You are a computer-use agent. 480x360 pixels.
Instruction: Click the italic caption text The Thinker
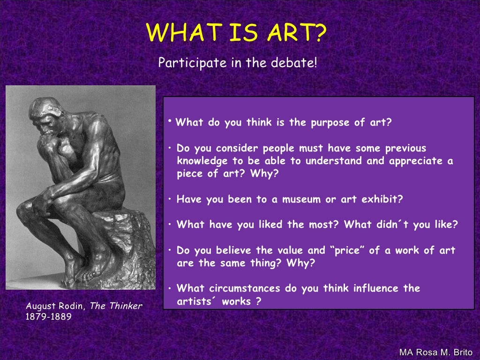116,306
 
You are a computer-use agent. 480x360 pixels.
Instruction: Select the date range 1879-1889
49,316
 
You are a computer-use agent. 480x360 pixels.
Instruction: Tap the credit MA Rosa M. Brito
436,352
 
